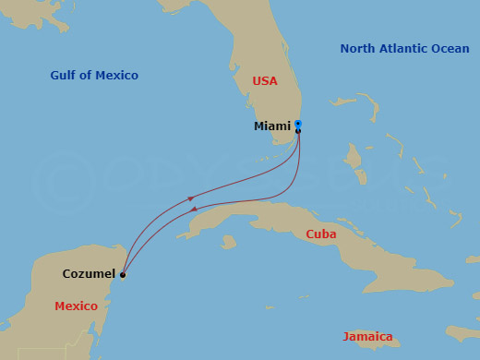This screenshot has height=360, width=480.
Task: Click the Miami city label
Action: click(271, 126)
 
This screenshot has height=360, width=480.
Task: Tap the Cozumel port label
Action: click(89, 274)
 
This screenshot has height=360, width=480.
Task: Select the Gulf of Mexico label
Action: click(95, 76)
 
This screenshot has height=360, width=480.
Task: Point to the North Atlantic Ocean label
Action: click(404, 49)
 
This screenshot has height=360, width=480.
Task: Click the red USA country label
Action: click(265, 81)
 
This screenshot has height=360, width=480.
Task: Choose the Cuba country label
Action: click(321, 234)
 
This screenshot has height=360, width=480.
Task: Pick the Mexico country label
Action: click(76, 306)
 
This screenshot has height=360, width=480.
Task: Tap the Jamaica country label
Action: click(367, 337)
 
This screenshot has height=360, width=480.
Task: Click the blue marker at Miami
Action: click(297, 124)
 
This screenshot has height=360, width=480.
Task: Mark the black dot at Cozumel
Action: click(123, 275)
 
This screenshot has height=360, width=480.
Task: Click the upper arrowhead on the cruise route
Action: click(190, 197)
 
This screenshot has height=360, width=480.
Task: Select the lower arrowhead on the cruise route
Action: click(195, 211)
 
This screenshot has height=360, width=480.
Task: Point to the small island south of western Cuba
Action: click(228, 243)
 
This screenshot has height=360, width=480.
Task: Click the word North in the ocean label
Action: click(357, 49)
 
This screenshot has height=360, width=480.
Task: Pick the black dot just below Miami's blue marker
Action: click(297, 131)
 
